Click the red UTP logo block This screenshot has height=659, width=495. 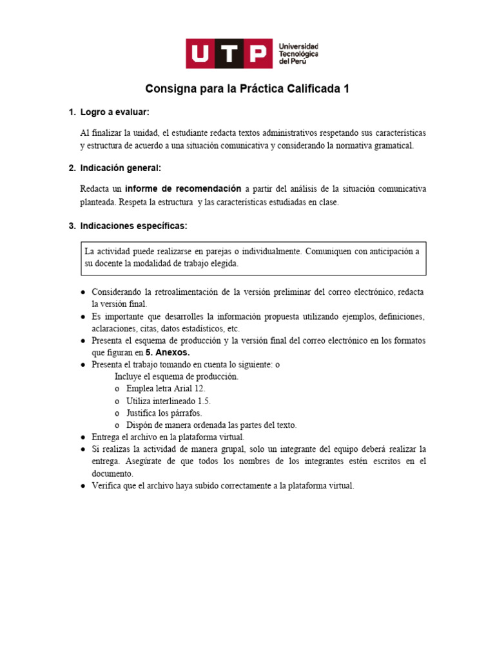click(x=228, y=53)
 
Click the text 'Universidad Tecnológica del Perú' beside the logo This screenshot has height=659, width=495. click(x=297, y=53)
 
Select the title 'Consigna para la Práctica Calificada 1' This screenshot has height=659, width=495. click(x=247, y=89)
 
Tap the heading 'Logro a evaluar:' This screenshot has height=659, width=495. click(x=115, y=113)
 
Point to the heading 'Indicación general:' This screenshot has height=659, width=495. click(x=121, y=169)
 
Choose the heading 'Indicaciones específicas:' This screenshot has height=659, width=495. click(x=133, y=226)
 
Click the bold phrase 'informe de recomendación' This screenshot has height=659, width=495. click(x=183, y=189)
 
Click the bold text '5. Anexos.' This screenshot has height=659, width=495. click(x=168, y=353)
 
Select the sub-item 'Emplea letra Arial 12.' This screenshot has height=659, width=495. click(x=166, y=389)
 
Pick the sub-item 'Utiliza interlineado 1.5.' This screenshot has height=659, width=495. click(x=168, y=401)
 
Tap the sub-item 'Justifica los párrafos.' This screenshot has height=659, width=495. click(x=164, y=413)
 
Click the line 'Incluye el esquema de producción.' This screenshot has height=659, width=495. click(x=177, y=376)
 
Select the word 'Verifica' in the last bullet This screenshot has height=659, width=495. click(x=107, y=486)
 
